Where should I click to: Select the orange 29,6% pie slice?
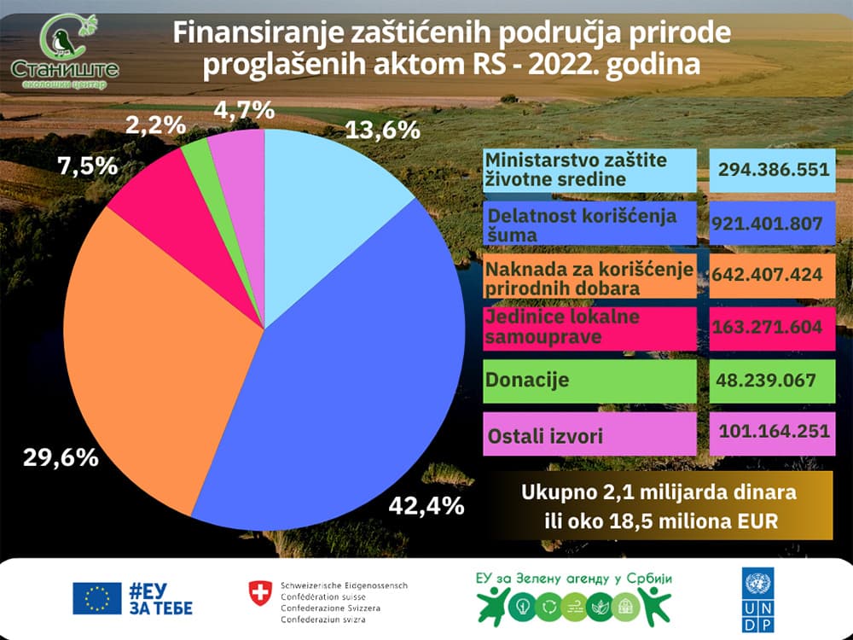point(154,341)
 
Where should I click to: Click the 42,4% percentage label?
point(426,505)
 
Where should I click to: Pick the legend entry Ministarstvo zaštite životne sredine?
point(589,169)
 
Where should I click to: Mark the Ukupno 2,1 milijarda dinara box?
point(659,507)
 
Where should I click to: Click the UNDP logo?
point(756,601)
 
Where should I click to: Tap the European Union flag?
point(96,599)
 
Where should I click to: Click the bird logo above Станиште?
point(61,38)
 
